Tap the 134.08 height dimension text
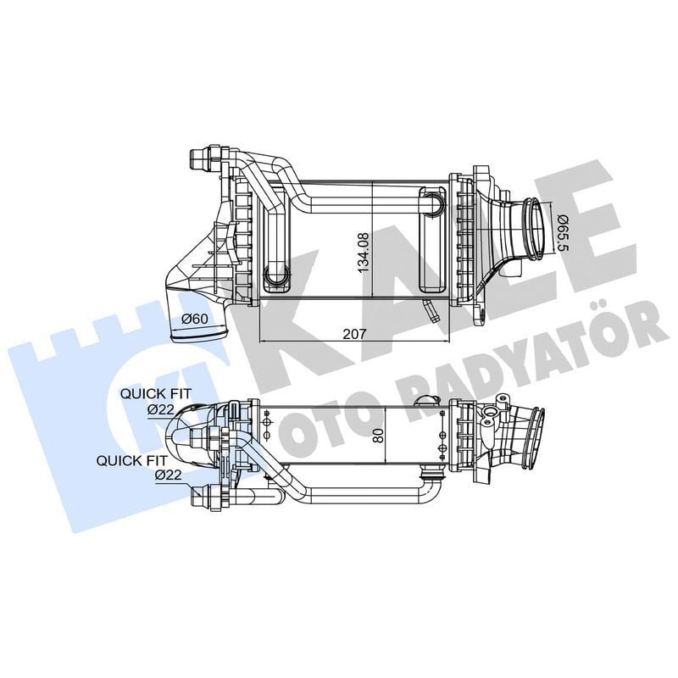[364, 242]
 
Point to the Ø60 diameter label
[195, 320]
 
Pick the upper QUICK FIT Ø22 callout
[156, 400]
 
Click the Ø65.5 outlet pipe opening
[535, 227]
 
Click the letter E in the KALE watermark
[585, 229]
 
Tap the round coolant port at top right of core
[434, 203]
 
